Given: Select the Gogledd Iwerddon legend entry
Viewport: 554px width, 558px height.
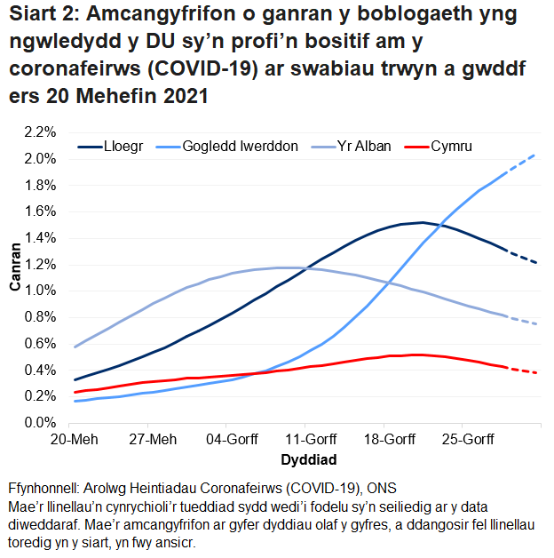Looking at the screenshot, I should coord(240,147).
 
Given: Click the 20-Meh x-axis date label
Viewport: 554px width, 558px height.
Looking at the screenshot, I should coord(75,440).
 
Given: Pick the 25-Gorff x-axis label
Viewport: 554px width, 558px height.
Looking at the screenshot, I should coord(466,440).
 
